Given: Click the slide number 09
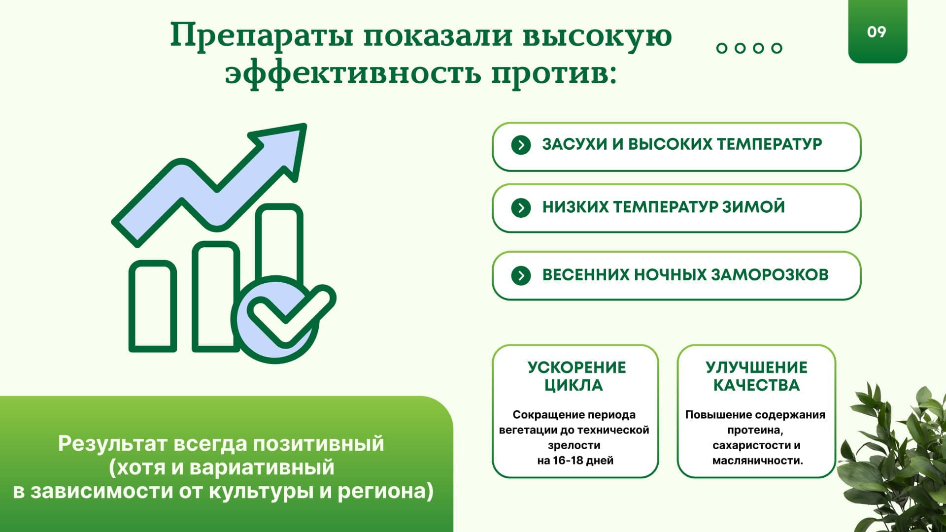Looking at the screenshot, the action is pyautogui.click(x=877, y=32).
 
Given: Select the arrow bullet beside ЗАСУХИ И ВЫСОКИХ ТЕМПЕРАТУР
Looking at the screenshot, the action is pyautogui.click(x=521, y=145).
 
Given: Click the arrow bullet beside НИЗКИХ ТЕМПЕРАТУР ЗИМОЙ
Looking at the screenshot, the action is pyautogui.click(x=521, y=207).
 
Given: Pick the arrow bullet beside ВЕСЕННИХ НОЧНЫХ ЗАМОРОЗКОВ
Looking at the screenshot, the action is pyautogui.click(x=521, y=275).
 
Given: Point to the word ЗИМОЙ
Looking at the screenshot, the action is pyautogui.click(x=753, y=206).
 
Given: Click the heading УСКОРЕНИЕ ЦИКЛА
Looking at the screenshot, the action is pyautogui.click(x=576, y=376).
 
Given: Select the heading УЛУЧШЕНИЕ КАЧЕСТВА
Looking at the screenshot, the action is pyautogui.click(x=756, y=376).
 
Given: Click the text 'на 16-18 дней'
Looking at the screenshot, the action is pyautogui.click(x=575, y=461).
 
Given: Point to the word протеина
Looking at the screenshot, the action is pyautogui.click(x=755, y=430).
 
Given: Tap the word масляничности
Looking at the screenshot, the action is pyautogui.click(x=757, y=461).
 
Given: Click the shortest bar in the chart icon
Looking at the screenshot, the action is pyautogui.click(x=153, y=306).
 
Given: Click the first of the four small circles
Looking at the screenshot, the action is pyautogui.click(x=722, y=48).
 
